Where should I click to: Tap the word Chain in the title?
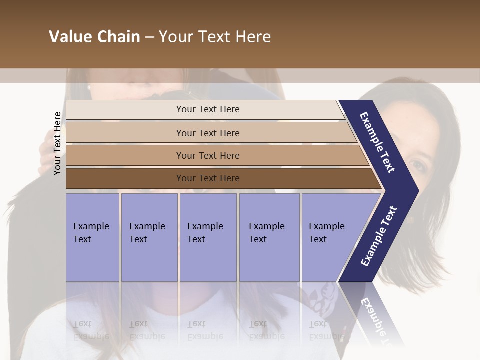(119, 37)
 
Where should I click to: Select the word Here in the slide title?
(252, 37)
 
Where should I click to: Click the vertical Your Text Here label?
(57, 143)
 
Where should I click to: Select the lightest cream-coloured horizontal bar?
(205, 109)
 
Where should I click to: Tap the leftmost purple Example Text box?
(92, 237)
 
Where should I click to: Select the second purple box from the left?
(149, 237)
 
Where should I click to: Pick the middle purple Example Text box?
(208, 237)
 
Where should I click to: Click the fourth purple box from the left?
(269, 237)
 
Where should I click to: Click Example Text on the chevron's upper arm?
(377, 142)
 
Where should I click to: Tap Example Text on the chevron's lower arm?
(379, 236)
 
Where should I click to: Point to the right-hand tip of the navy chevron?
(418, 190)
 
